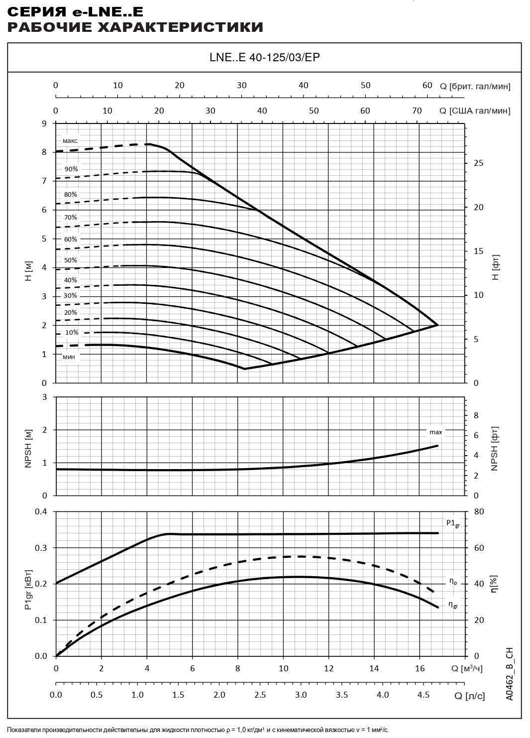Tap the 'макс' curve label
click(x=70, y=141)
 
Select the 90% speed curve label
click(x=71, y=169)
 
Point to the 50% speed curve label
click(x=70, y=260)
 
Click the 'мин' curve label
click(x=69, y=357)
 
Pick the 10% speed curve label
click(x=72, y=333)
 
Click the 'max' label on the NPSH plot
click(x=435, y=432)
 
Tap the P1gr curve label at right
click(x=452, y=523)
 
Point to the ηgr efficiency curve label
click(x=453, y=605)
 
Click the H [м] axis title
click(x=28, y=270)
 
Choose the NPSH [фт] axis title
click(x=495, y=448)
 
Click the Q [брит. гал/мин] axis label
click(x=475, y=86)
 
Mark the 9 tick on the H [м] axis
click(x=44, y=123)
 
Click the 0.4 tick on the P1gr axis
click(x=41, y=512)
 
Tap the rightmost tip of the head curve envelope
click(x=438, y=325)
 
